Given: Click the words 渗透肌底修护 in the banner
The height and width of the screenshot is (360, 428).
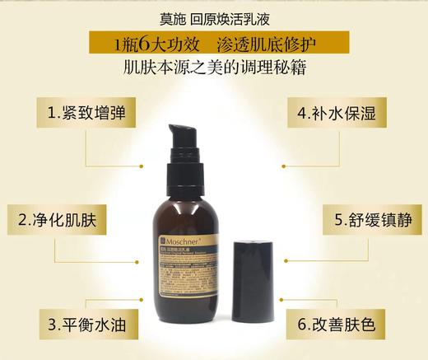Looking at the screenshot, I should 265,40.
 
